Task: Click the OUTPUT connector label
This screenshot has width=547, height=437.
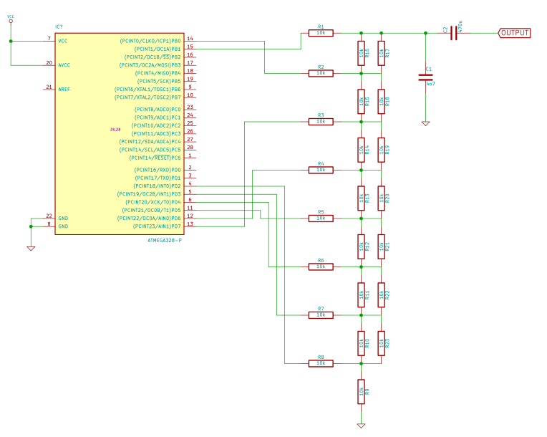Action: pos(515,33)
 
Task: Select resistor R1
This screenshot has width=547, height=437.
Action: pos(321,33)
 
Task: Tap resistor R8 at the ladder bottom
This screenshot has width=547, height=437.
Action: pos(321,363)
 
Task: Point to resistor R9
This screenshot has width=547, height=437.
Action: pos(362,391)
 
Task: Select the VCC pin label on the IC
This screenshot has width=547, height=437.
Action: pos(63,41)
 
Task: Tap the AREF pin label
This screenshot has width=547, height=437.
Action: pos(64,89)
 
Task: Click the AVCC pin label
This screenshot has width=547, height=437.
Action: pos(64,64)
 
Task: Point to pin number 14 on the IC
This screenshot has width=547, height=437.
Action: pos(190,39)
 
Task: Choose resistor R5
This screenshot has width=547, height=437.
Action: pos(321,218)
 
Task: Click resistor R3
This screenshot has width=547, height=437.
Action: pos(321,121)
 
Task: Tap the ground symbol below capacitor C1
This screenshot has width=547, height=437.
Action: pos(426,123)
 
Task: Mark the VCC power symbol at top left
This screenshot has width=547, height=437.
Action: pos(11,22)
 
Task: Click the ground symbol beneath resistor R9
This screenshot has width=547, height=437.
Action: pos(362,426)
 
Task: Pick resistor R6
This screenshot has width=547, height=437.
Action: pos(321,266)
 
